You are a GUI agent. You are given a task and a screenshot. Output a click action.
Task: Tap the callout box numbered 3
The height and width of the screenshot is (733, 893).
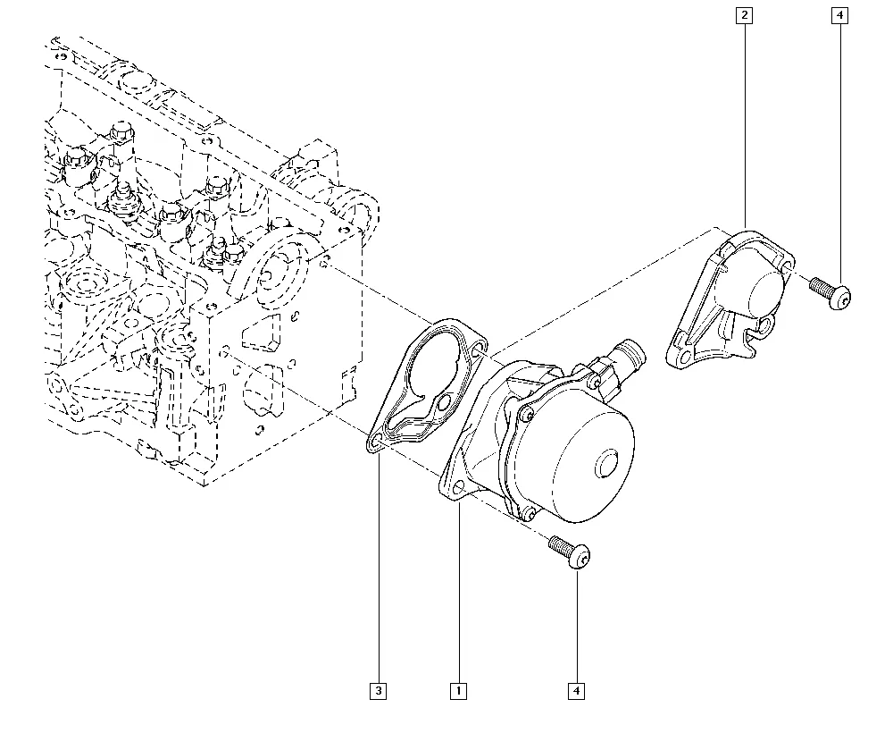[x=379, y=690]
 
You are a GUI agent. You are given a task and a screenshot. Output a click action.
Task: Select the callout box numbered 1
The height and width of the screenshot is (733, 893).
[x=459, y=690]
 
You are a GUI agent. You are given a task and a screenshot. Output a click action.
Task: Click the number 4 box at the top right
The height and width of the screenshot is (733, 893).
[x=839, y=15]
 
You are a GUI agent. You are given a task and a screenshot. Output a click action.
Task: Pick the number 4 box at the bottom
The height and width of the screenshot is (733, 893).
[x=577, y=690]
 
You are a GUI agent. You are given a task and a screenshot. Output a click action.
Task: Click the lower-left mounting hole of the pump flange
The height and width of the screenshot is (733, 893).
[x=458, y=486]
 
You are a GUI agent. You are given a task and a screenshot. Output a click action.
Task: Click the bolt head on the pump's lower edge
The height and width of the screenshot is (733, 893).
[x=529, y=513]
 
